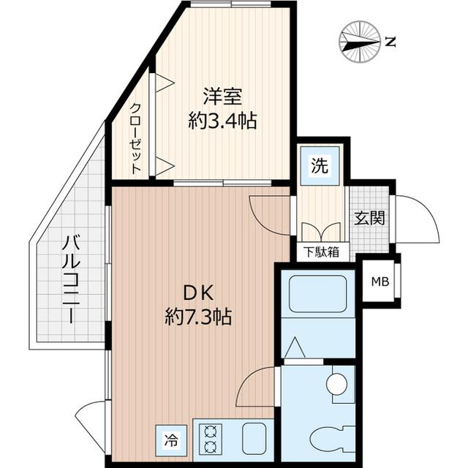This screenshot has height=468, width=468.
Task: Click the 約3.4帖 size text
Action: pos(222,121)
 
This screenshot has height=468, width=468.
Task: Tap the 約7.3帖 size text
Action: pos(198,318)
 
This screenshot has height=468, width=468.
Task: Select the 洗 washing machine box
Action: pos(320,166)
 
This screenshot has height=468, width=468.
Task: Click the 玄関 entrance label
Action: pos(370,219)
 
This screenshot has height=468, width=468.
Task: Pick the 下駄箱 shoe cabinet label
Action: pos(322,252)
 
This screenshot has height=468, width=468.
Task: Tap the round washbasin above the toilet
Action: pos(336,383)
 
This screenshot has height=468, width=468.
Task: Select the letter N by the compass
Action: pos(390,42)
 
